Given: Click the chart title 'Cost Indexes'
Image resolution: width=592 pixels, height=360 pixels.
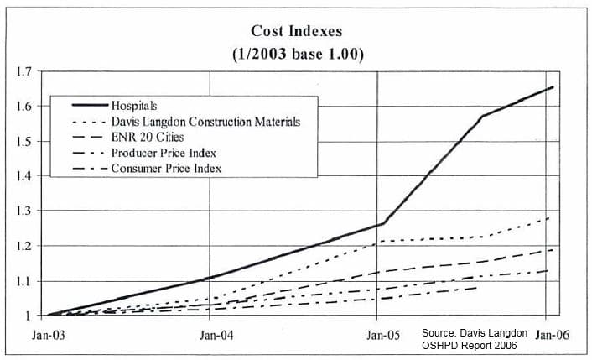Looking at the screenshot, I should (x=296, y=31).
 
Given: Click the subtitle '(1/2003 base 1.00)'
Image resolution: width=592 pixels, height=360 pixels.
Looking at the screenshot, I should (x=296, y=53).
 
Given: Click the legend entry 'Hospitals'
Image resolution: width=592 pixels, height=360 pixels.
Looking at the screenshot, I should (x=133, y=107).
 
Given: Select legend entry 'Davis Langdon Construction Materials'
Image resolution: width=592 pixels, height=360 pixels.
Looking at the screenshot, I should (x=205, y=122).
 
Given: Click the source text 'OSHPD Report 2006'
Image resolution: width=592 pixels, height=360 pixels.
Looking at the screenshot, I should (x=470, y=346).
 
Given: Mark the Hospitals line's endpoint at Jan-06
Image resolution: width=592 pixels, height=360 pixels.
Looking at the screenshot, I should (x=553, y=87).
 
